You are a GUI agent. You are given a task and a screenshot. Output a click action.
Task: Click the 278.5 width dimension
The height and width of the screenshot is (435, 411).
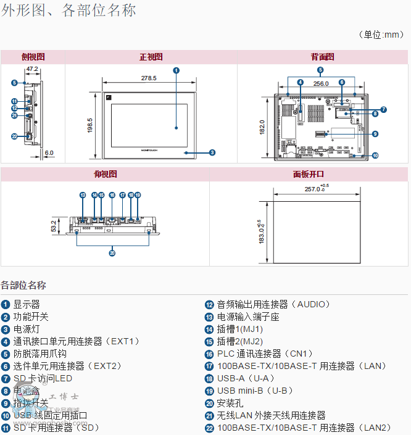click(149, 78)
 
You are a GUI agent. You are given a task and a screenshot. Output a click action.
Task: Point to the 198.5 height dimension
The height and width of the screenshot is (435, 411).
click(89, 125)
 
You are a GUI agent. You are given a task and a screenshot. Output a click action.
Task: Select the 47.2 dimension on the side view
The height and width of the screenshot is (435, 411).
click(32, 69)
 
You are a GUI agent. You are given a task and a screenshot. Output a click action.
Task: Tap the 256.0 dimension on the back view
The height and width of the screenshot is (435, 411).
click(320, 83)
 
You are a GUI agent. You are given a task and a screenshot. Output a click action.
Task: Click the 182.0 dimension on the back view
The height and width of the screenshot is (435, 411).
click(261, 127)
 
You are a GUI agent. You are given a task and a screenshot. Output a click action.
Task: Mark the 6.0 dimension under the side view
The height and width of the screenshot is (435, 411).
click(49, 152)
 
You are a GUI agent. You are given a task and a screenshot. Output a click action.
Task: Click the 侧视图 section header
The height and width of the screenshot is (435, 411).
click(33, 57)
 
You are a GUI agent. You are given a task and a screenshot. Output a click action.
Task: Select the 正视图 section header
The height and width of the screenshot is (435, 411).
click(151, 57)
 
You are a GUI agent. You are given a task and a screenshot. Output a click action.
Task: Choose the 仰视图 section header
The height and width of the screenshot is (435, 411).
click(106, 174)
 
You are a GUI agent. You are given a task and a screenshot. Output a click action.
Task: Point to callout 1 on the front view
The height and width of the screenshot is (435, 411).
click(176, 70)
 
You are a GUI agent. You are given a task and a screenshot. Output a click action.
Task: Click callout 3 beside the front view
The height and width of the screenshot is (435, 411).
click(212, 152)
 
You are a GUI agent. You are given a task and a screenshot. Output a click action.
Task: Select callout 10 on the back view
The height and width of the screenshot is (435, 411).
click(375, 155)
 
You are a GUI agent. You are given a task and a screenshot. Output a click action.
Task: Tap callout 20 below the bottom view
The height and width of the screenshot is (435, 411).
click(112, 252)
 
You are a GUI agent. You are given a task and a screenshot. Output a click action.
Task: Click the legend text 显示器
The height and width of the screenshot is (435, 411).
click(27, 304)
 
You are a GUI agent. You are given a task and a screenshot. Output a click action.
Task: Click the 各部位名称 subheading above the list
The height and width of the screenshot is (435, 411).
click(23, 285)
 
